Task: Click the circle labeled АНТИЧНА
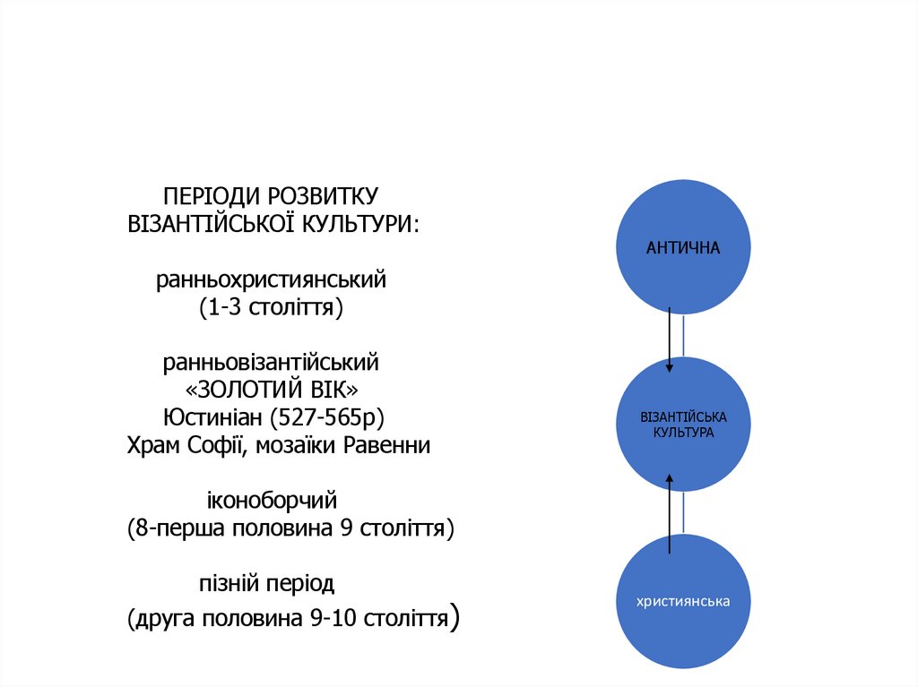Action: (683, 247)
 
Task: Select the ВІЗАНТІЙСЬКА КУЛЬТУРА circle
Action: (683, 425)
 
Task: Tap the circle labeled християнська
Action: (683, 601)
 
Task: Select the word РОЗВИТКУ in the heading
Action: (324, 195)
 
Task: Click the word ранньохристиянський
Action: (272, 280)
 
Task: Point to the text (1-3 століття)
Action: (272, 307)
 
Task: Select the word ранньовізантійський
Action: (271, 363)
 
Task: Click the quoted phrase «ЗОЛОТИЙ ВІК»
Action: (272, 391)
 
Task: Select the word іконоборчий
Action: (272, 501)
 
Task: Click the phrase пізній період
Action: (266, 584)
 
